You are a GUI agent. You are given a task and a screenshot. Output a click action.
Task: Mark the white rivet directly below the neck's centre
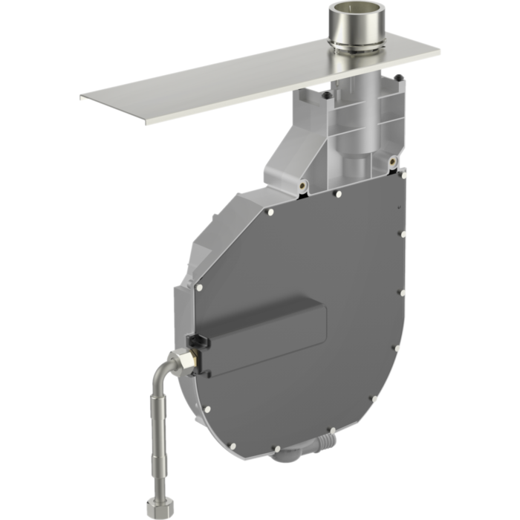[x=338, y=193]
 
